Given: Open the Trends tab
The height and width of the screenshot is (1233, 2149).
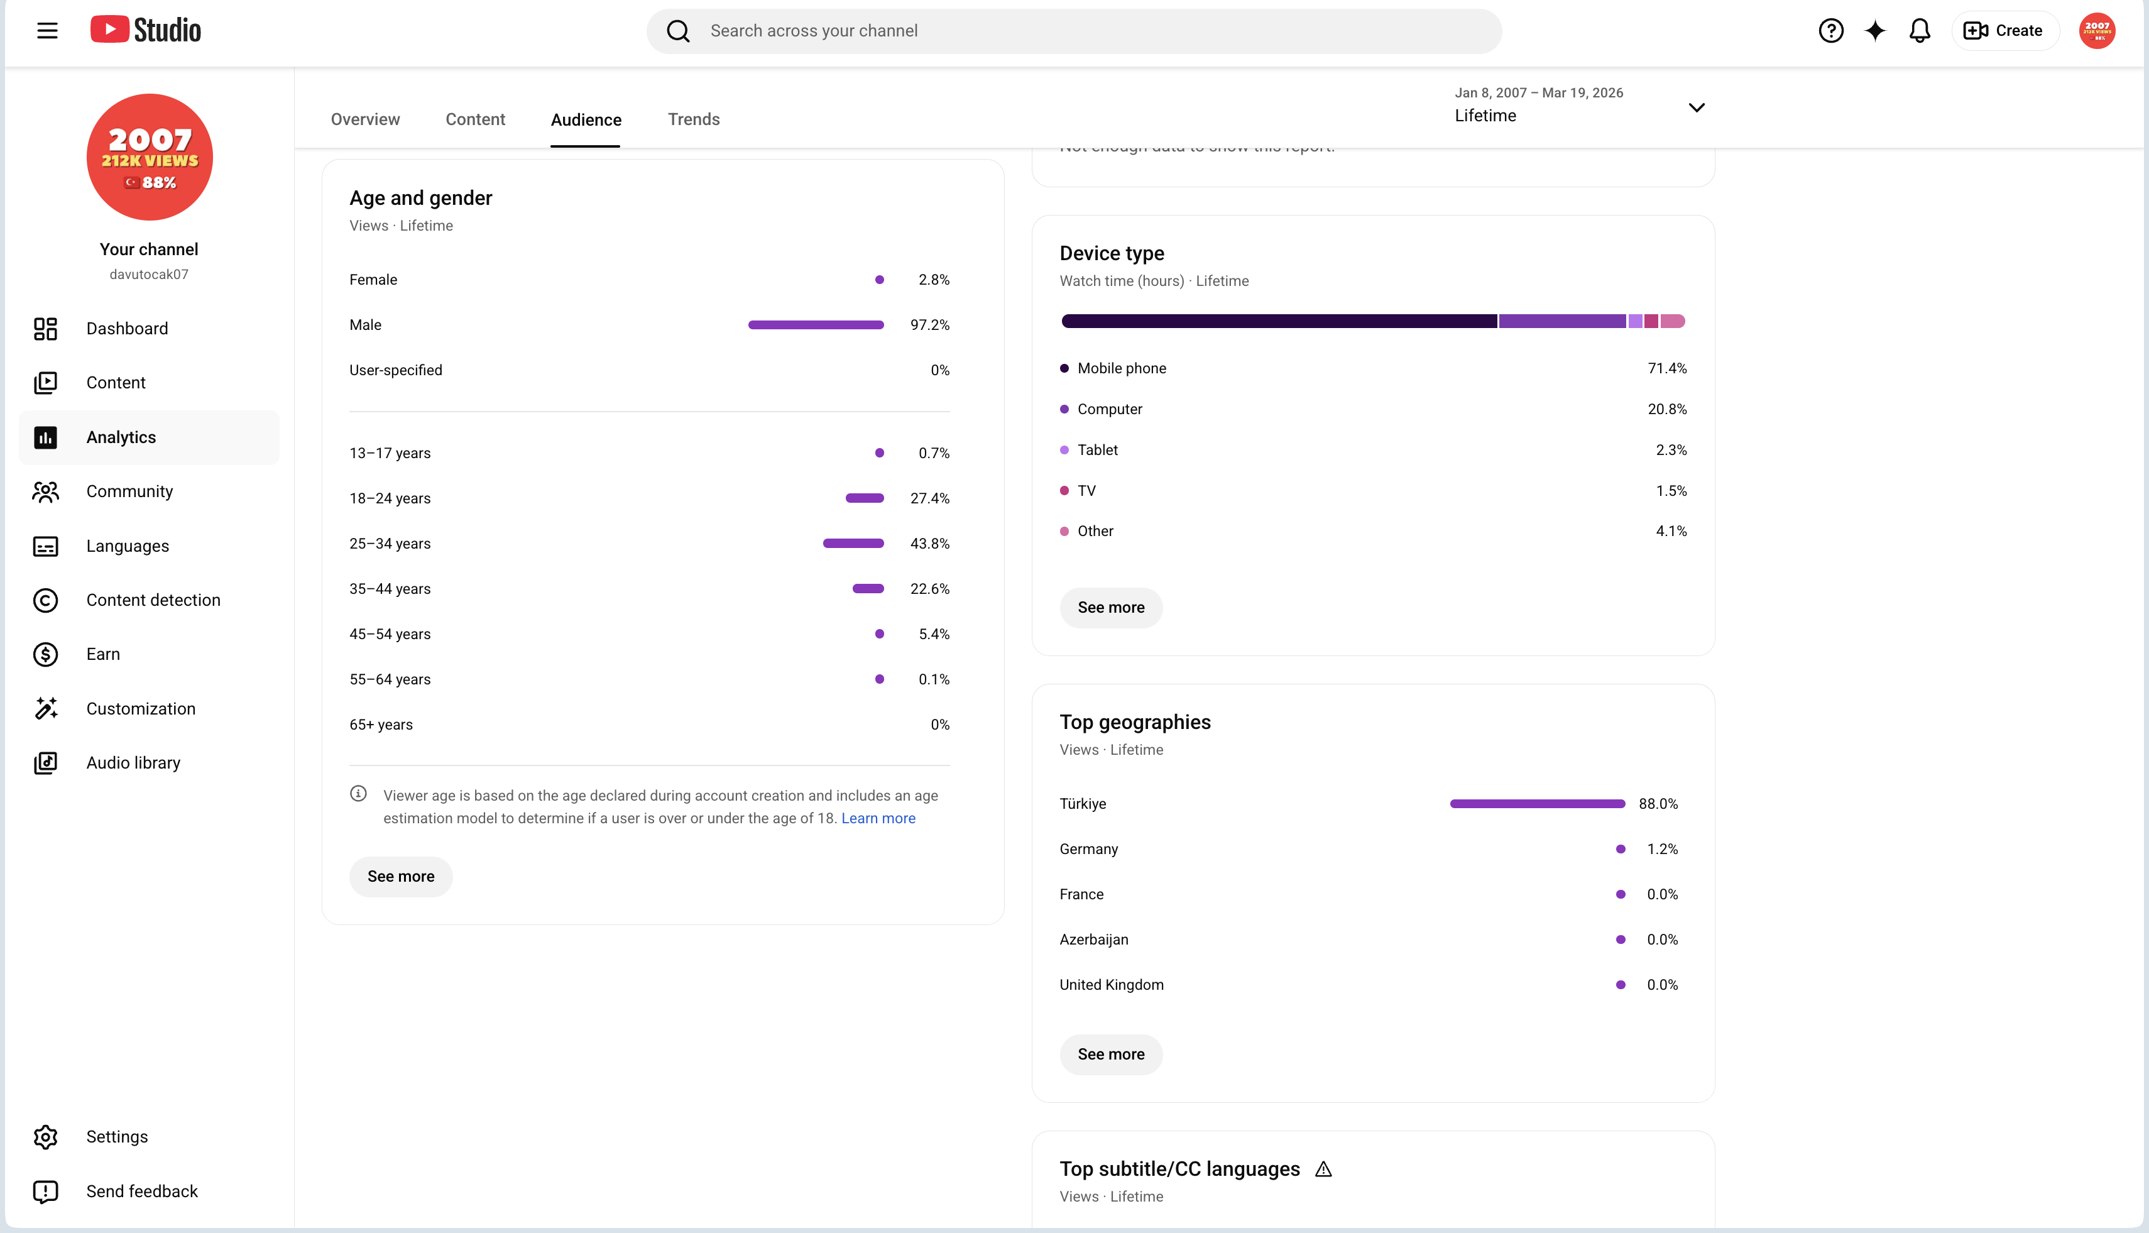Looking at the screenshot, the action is pyautogui.click(x=694, y=119).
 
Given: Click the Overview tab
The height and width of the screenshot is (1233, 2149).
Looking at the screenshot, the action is pyautogui.click(x=365, y=119).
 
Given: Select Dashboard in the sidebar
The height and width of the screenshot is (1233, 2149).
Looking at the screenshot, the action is pyautogui.click(x=127, y=329).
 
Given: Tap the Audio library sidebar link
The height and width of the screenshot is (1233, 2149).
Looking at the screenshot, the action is pyautogui.click(x=133, y=763).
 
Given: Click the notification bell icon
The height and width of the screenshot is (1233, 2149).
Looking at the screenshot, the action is pyautogui.click(x=1920, y=31).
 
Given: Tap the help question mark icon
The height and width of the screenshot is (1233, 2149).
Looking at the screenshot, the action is pyautogui.click(x=1830, y=31).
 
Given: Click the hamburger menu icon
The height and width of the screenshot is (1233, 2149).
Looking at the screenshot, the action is pyautogui.click(x=47, y=31).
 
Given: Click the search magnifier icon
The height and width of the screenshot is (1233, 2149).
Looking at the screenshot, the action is pyautogui.click(x=678, y=31).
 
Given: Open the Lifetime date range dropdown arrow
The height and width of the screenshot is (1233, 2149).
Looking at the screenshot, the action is pyautogui.click(x=1696, y=107).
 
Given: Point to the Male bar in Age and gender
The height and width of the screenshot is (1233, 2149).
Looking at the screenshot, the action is pyautogui.click(x=816, y=325).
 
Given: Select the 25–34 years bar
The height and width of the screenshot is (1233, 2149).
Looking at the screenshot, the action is pyautogui.click(x=853, y=544).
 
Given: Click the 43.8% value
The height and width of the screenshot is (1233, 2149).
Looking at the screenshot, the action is pyautogui.click(x=930, y=544).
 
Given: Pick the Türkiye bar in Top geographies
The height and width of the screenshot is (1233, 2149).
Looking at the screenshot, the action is pyautogui.click(x=1537, y=804).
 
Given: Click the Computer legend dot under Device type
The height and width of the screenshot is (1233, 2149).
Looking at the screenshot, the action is pyautogui.click(x=1064, y=409).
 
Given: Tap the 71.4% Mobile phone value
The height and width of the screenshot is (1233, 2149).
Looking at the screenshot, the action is pyautogui.click(x=1666, y=368).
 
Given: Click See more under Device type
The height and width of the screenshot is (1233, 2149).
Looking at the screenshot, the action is pyautogui.click(x=1111, y=608).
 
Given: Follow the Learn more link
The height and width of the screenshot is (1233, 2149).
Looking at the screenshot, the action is pyautogui.click(x=878, y=818).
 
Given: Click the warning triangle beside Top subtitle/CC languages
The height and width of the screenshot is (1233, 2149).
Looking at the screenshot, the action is pyautogui.click(x=1323, y=1170).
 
